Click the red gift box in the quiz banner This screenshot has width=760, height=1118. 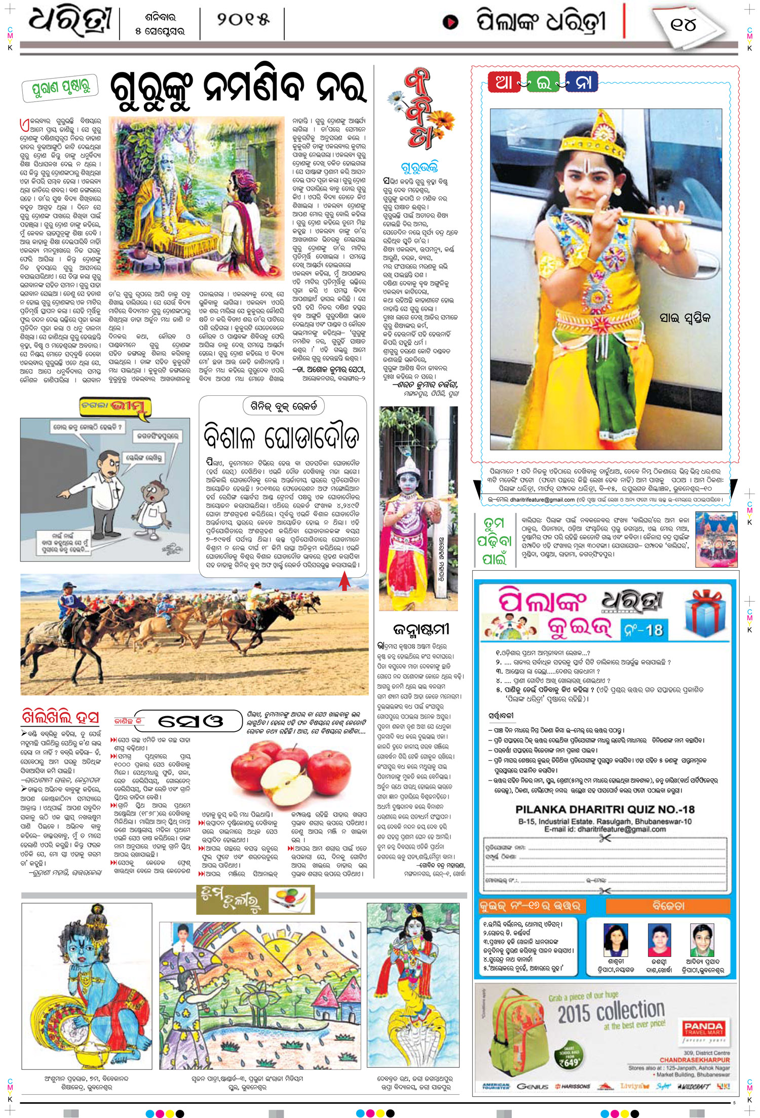(706, 613)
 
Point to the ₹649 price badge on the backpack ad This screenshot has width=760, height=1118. (570, 1060)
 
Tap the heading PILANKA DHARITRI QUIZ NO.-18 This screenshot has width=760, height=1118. (605, 809)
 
